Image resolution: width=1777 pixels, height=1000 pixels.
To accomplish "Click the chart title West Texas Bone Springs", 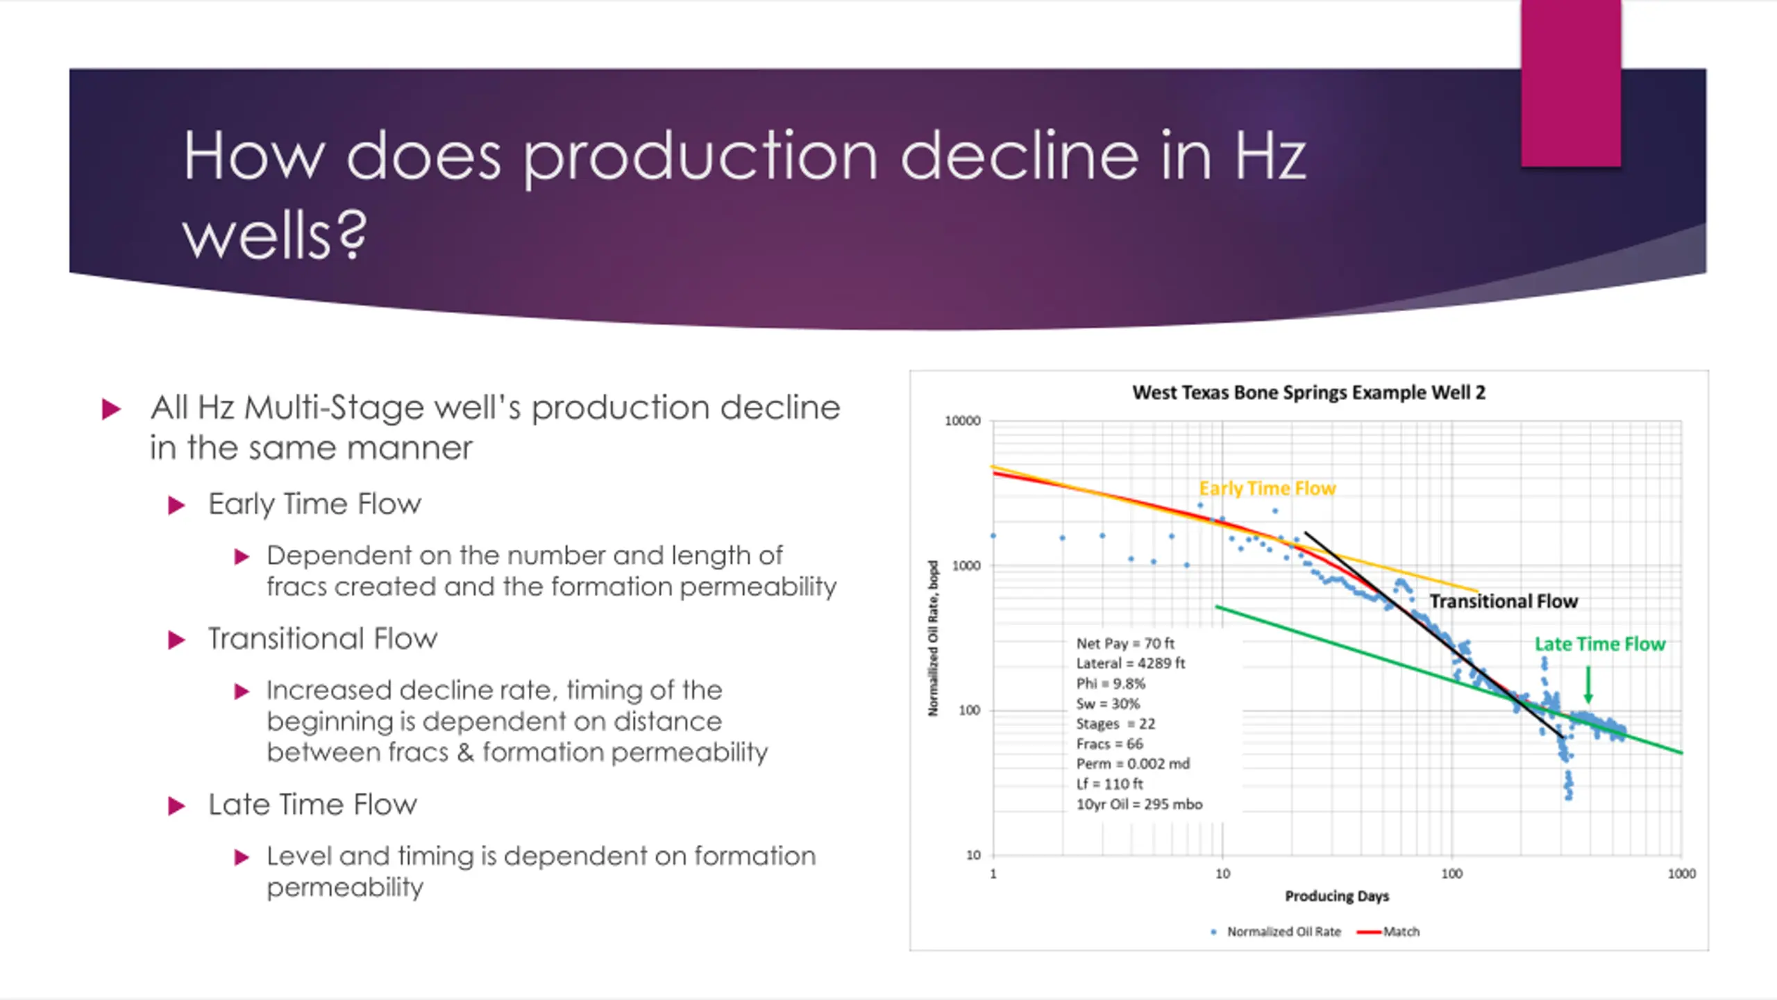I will pos(1308,393).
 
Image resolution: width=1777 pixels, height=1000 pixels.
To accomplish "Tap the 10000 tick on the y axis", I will pos(963,421).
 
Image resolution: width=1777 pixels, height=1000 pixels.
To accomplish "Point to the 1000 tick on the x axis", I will pos(1681,874).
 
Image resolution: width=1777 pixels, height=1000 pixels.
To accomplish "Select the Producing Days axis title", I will pos(1337,897).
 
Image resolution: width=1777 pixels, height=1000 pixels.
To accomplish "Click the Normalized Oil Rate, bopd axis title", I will pos(934,638).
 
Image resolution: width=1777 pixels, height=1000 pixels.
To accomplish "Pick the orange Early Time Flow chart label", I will pos(1268,489).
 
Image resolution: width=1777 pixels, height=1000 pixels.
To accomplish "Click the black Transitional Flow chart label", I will pos(1504,601).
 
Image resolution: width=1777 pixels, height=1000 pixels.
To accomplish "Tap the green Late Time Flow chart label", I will pos(1599,644).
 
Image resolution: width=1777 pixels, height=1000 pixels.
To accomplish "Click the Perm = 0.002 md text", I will pos(1133,764).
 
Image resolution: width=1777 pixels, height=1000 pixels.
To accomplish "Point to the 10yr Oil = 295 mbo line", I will pos(1139,804).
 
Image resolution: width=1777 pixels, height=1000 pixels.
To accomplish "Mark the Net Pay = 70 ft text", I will pos(1125,644).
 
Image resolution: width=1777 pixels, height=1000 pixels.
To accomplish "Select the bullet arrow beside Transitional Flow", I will pos(177,640).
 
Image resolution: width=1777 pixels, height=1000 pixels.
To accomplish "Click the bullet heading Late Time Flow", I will pos(312,805).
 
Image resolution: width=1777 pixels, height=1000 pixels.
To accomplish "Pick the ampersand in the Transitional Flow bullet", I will pos(465,752).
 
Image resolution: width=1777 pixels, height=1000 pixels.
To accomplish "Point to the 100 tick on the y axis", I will pos(968,710).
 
